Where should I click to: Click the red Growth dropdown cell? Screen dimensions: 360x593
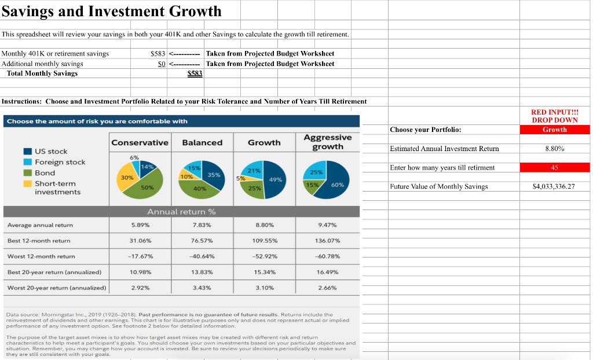554,130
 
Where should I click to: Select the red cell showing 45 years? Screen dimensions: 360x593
554,168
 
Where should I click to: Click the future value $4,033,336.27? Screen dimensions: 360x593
553,186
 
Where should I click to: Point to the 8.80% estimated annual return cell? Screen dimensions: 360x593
554,149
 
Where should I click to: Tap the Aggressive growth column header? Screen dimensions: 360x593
327,142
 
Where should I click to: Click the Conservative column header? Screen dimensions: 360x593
140,142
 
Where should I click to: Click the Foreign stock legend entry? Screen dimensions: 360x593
60,162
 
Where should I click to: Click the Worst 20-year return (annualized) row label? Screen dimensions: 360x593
57,287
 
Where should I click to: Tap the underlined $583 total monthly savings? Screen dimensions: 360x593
195,74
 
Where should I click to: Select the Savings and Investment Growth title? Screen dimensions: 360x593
112,11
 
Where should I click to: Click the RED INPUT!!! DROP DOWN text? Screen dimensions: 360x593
554,116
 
